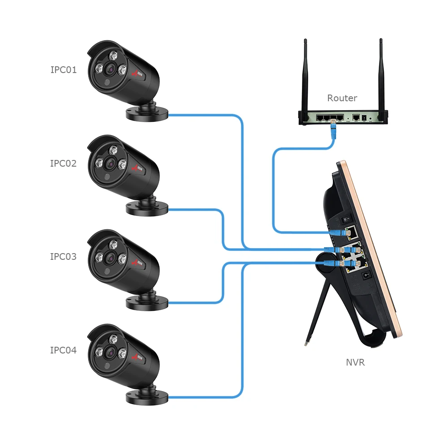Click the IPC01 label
coord(63,70)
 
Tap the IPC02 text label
coord(63,164)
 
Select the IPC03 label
coord(63,257)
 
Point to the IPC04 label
coord(63,350)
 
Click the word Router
coord(342,98)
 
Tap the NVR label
coord(355,362)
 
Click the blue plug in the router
coord(333,130)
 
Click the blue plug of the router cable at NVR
coord(337,233)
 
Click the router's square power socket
coord(364,118)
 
